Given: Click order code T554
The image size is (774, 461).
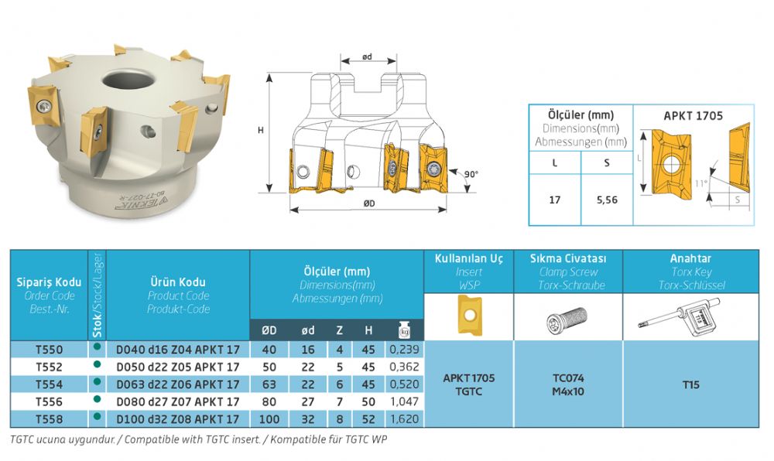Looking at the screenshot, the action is click(x=50, y=384).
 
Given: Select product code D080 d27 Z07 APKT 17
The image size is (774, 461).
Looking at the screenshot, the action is click(x=178, y=402).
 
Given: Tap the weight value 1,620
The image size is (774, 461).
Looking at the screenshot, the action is click(x=404, y=419).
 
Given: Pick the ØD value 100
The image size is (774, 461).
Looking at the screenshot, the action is click(x=269, y=419).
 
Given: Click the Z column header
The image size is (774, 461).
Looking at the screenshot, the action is click(x=339, y=330).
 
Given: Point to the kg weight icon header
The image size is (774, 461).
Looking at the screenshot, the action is click(x=404, y=330).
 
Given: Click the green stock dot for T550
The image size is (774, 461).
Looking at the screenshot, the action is click(x=97, y=347).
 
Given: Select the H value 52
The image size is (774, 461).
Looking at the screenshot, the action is click(x=368, y=419).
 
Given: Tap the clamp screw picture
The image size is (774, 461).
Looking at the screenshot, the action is click(x=567, y=318).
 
